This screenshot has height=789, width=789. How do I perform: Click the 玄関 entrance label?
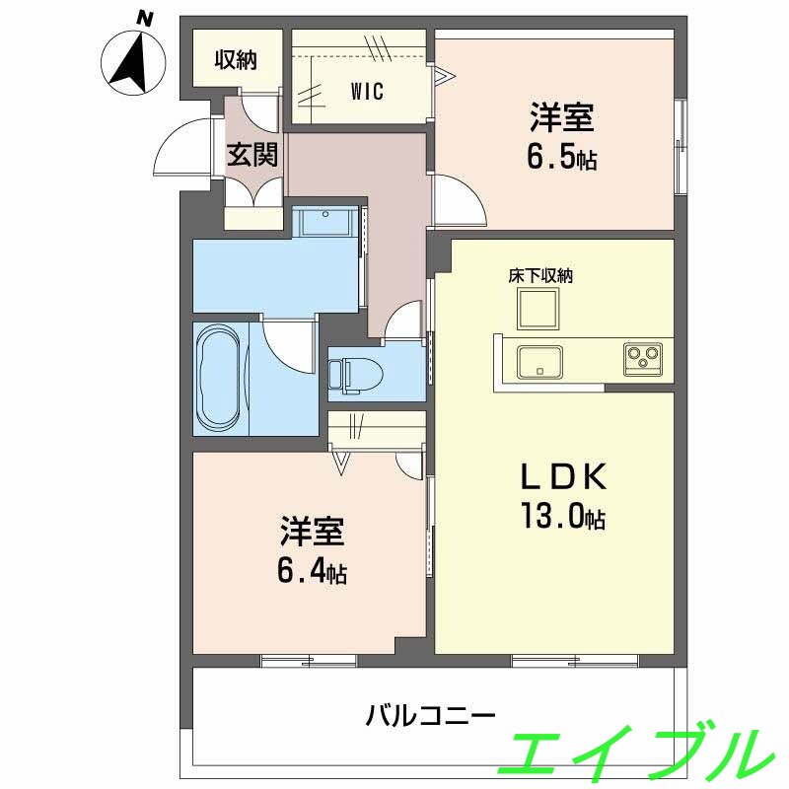point(253,155)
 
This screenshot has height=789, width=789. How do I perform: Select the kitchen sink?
point(539,360)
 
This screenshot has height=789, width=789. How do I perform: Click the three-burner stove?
point(645,357)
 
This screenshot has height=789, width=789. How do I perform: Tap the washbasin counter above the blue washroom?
point(326,222)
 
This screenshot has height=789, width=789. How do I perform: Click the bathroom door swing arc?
point(287,345)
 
